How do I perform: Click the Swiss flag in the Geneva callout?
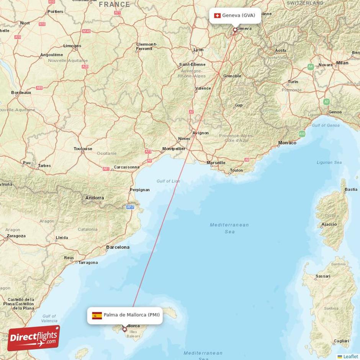[217, 16]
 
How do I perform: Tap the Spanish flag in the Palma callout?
[97, 315]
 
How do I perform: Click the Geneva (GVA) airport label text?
[239, 16]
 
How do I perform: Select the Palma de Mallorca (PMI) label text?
[131, 315]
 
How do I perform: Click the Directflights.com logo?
[34, 338]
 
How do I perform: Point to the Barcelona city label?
[118, 247]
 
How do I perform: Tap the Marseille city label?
[216, 163]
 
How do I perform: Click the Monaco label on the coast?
[287, 143]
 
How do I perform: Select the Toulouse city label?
[83, 149]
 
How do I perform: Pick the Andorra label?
[94, 198]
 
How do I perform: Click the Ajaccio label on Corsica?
[329, 224]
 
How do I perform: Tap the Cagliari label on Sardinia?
[341, 341]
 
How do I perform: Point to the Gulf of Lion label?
[168, 181]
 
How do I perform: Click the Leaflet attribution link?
[350, 357]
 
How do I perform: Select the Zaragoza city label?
[16, 236]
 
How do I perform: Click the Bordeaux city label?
[21, 93]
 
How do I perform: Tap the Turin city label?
[293, 82]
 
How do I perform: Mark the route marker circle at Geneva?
[235, 29]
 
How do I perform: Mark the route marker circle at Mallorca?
[124, 329]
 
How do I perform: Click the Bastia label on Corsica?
[351, 190]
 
